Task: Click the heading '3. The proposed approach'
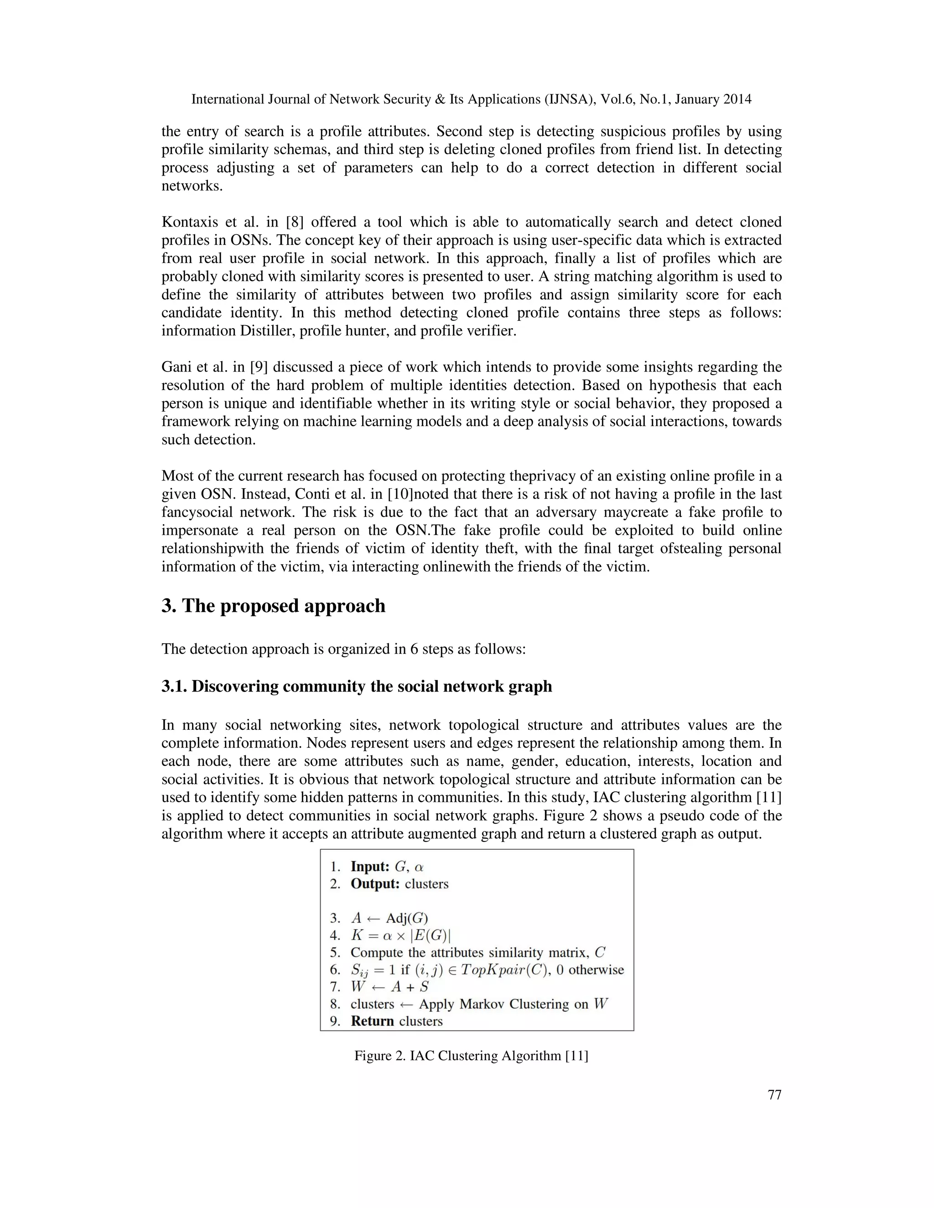[273, 606]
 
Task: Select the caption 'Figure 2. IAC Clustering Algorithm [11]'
[471, 1055]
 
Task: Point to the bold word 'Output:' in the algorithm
[374, 884]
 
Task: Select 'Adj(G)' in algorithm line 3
[407, 919]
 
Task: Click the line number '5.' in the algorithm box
[335, 952]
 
